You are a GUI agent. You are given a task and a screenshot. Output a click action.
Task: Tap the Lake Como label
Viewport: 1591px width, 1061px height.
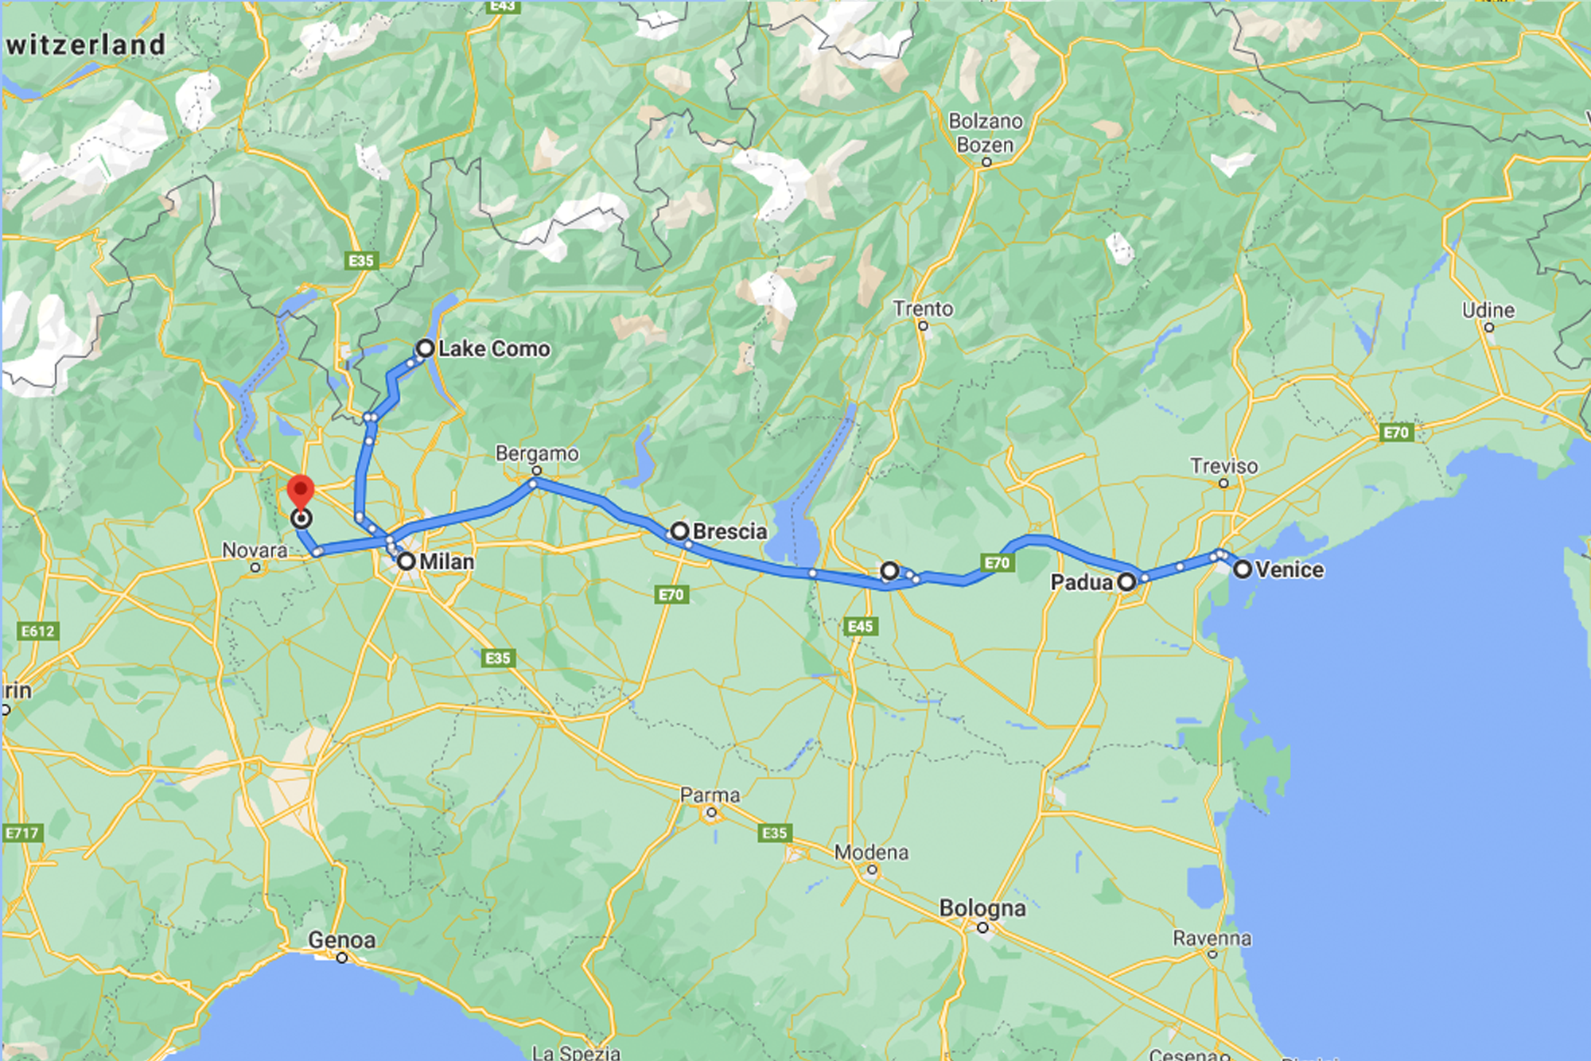tap(493, 348)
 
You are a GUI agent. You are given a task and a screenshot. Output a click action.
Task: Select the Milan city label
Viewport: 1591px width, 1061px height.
tap(446, 562)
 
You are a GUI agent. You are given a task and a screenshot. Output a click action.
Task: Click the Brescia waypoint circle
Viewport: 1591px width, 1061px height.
tap(679, 530)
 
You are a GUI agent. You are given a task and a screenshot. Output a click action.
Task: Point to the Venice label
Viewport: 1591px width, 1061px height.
tap(1289, 569)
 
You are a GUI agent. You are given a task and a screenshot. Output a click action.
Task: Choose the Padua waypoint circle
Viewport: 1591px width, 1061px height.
tap(1126, 582)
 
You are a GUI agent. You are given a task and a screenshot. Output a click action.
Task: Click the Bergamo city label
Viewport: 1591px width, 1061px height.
tap(537, 453)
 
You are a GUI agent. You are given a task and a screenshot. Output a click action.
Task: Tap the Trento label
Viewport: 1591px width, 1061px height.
tap(923, 309)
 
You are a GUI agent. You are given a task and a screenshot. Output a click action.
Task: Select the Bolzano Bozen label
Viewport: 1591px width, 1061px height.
tap(986, 133)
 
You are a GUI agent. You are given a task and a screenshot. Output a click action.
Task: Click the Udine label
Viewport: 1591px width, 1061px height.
tap(1488, 310)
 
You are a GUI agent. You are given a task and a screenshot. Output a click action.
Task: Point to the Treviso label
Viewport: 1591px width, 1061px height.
tap(1223, 466)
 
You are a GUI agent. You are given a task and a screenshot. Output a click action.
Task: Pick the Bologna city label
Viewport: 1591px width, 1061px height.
tap(982, 908)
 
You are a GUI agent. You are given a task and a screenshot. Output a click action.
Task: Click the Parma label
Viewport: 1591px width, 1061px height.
tap(710, 795)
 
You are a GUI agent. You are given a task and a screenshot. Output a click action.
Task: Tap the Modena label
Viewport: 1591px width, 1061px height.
tap(871, 853)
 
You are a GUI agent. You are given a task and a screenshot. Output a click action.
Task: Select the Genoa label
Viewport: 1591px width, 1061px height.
tap(341, 940)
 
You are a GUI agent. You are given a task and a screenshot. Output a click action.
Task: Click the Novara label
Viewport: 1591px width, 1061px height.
tap(255, 550)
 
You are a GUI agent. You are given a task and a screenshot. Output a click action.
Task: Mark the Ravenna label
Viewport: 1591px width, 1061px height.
tap(1212, 939)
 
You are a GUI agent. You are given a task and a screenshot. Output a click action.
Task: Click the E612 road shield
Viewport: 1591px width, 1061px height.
tap(38, 632)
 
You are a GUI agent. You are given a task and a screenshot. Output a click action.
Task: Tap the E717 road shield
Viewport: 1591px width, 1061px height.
tap(22, 834)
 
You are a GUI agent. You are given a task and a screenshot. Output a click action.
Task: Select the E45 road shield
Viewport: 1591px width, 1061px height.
tap(860, 627)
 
